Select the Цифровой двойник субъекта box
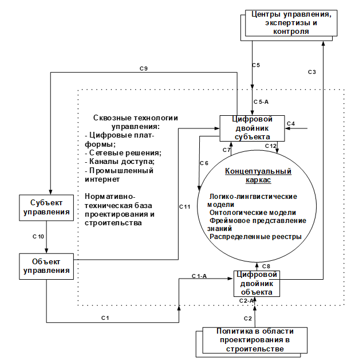(x=252, y=128)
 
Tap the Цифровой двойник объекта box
(x=257, y=283)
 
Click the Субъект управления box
(x=46, y=208)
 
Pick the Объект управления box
(x=46, y=265)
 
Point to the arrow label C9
(x=144, y=69)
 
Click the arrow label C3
(x=311, y=72)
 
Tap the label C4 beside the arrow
(x=290, y=123)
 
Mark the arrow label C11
(x=184, y=206)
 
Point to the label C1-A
(x=199, y=276)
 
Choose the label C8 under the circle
(x=266, y=266)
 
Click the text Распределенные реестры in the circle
(x=255, y=236)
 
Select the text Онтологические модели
(x=252, y=212)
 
